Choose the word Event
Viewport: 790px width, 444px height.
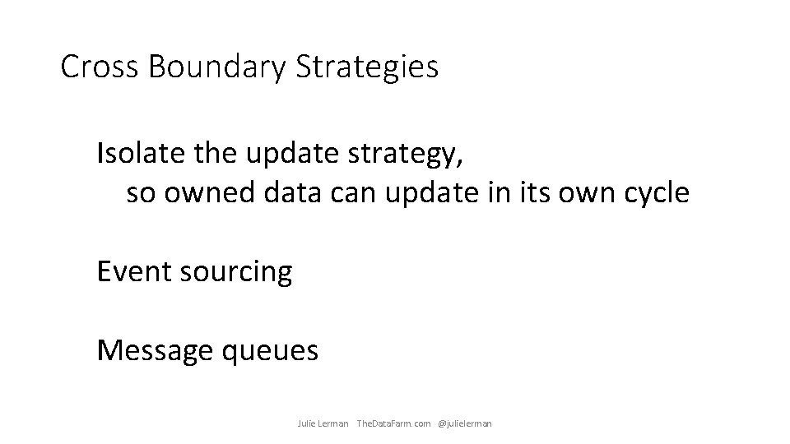(133, 271)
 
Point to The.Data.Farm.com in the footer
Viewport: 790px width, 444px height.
(393, 423)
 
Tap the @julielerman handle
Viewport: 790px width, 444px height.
(465, 423)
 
